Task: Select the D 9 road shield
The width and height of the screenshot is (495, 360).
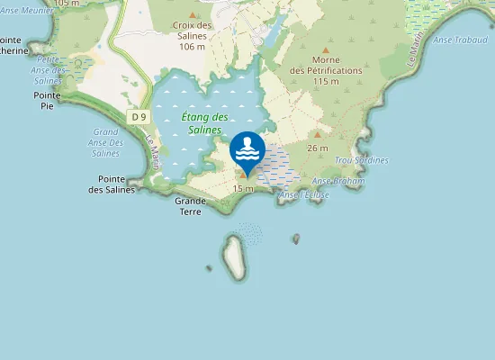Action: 137,117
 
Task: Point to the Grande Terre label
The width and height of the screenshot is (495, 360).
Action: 190,206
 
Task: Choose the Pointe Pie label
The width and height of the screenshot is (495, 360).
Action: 46,100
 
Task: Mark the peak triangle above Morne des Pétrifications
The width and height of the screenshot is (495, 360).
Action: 326,50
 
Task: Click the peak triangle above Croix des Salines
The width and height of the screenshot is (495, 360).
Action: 192,15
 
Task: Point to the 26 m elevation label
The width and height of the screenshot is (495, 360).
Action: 317,148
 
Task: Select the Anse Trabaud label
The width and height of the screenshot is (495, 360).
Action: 460,40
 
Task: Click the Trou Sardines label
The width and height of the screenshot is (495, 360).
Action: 361,160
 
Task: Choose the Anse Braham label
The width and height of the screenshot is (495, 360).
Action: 337,181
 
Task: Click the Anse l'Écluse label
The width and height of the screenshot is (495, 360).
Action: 305,195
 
